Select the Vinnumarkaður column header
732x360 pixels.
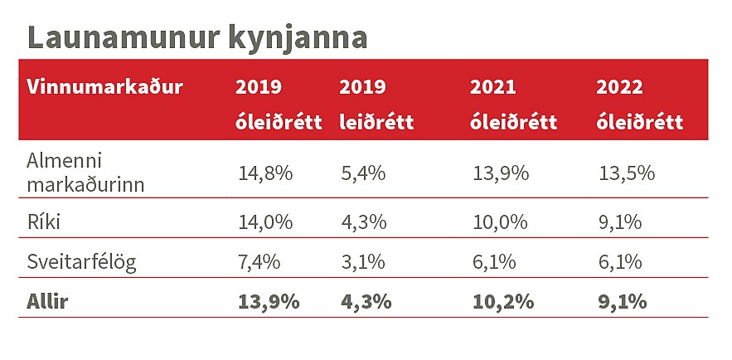[104, 86]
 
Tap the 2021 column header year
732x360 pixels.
[493, 86]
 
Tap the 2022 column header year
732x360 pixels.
[621, 86]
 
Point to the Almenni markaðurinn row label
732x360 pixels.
[85, 173]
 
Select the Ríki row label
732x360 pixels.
[44, 222]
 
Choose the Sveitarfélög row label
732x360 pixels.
[81, 262]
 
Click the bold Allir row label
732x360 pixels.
[47, 301]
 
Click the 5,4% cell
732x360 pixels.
[362, 173]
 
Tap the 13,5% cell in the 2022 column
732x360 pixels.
[627, 173]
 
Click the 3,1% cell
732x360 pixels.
[362, 262]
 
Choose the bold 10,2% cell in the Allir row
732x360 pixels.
[502, 301]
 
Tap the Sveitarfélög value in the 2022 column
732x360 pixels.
[621, 262]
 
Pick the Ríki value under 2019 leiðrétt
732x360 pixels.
[362, 222]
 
